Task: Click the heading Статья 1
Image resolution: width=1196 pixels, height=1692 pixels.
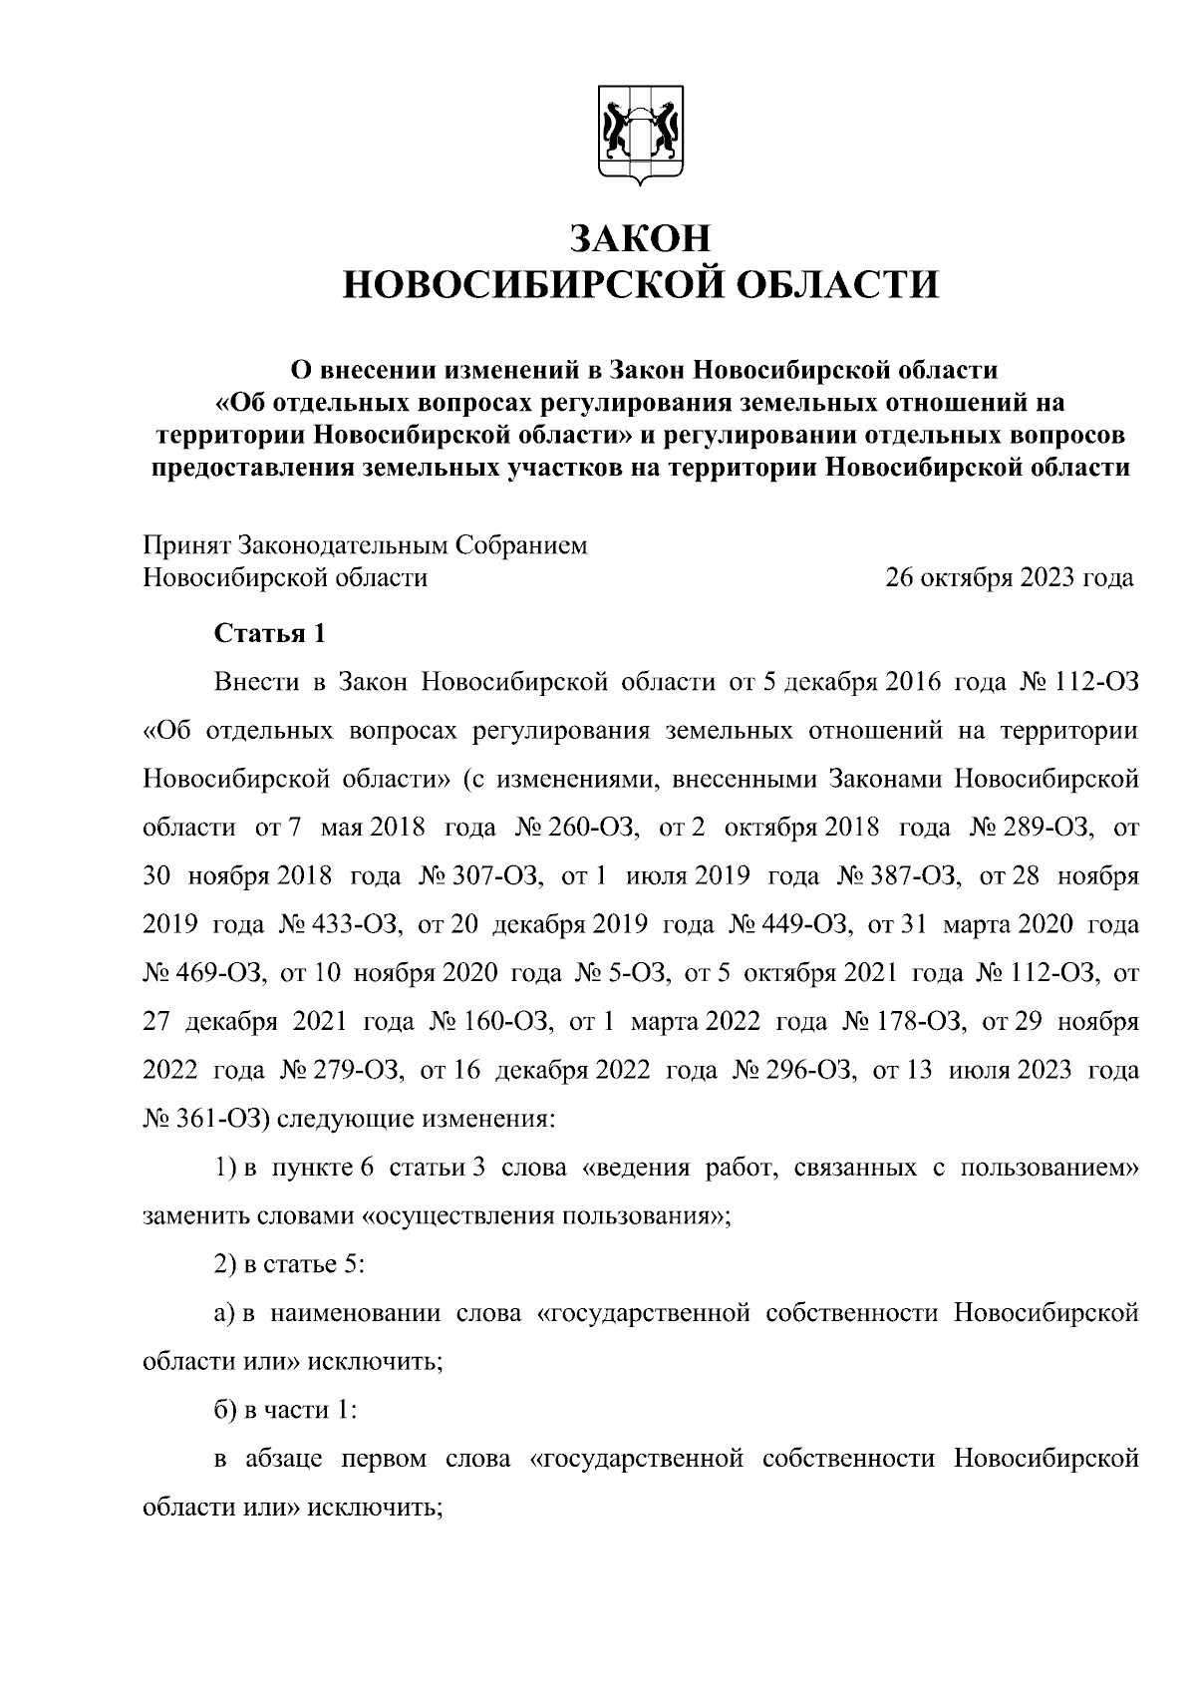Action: [270, 633]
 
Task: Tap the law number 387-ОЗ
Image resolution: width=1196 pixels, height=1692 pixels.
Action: [915, 876]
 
